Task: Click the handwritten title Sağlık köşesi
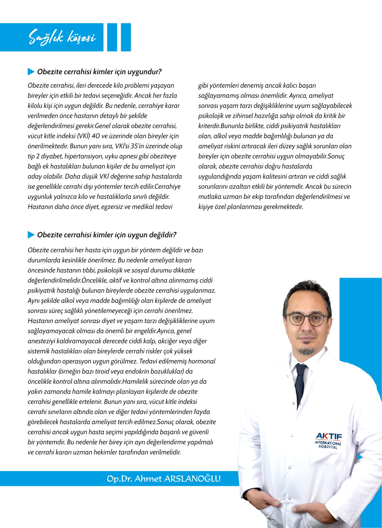point(62,37)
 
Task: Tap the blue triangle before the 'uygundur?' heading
point(31,72)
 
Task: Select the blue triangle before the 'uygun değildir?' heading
point(31,235)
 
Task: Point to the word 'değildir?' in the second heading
point(162,235)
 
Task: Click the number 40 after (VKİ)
point(95,136)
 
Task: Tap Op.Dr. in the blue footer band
point(119,479)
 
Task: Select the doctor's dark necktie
point(301,384)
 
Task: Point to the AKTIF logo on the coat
point(329,436)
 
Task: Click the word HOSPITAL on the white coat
point(328,447)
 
